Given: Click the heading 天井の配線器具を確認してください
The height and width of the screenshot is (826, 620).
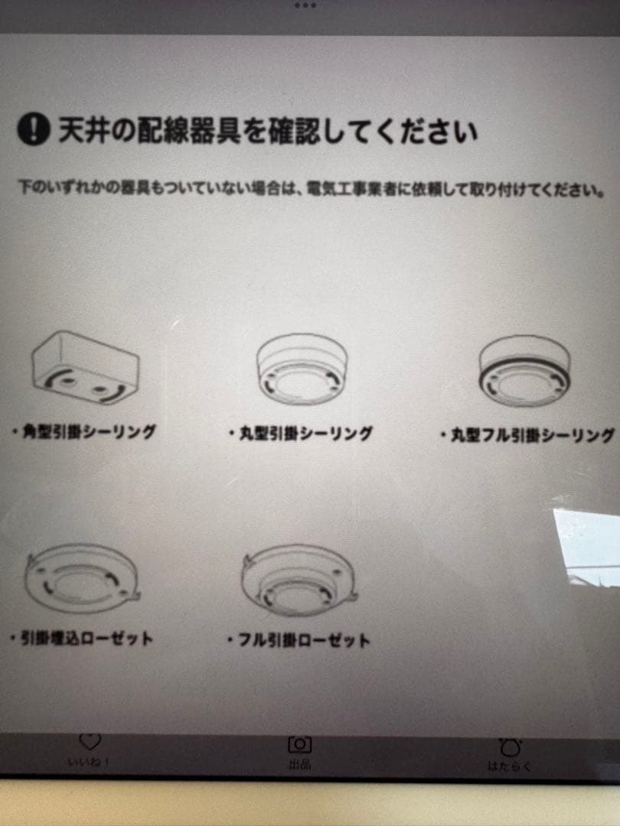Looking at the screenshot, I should pyautogui.click(x=268, y=131).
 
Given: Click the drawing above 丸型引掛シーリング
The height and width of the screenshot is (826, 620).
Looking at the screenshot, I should pyautogui.click(x=301, y=372).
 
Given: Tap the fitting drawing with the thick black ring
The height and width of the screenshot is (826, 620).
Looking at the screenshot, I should pyautogui.click(x=524, y=372).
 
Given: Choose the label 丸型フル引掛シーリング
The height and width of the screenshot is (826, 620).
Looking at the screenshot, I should pyautogui.click(x=528, y=435).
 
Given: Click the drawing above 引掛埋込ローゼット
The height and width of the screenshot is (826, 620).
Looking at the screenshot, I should pyautogui.click(x=83, y=583).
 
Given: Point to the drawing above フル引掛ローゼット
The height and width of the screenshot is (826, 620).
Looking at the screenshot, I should pyautogui.click(x=299, y=583).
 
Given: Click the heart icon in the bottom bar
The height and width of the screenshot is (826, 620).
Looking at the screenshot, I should pyautogui.click(x=90, y=741).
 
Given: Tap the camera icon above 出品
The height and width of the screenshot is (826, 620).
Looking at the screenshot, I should pyautogui.click(x=299, y=743).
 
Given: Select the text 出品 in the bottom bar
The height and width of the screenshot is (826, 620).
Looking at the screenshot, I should pyautogui.click(x=299, y=764).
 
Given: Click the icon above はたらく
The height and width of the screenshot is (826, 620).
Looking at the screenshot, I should pyautogui.click(x=510, y=747).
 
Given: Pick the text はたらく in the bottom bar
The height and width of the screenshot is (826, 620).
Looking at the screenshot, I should pyautogui.click(x=509, y=766).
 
